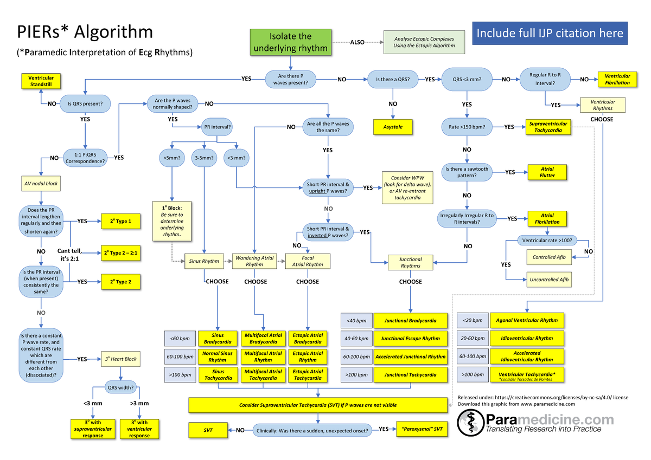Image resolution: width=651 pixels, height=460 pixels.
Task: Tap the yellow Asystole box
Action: (392, 127)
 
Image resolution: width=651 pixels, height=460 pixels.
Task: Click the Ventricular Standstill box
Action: (41, 82)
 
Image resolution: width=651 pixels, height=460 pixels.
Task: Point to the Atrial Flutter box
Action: (547, 172)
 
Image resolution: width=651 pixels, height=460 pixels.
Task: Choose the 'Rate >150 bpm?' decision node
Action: (467, 127)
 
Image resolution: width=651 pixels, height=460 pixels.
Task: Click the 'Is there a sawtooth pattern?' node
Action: (466, 172)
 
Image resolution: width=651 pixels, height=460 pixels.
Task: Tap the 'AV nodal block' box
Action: (41, 184)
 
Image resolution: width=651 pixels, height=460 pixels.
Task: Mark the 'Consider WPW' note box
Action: (409, 187)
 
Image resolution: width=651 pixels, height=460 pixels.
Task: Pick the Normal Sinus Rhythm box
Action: (218, 357)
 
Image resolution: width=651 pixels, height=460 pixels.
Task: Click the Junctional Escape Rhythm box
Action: (410, 339)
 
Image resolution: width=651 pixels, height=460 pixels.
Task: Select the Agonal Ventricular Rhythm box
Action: (527, 320)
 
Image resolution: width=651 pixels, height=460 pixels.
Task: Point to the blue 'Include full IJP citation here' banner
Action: (550, 34)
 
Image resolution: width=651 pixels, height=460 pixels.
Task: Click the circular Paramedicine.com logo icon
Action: (470, 422)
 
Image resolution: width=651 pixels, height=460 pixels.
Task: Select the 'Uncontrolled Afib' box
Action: (549, 280)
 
